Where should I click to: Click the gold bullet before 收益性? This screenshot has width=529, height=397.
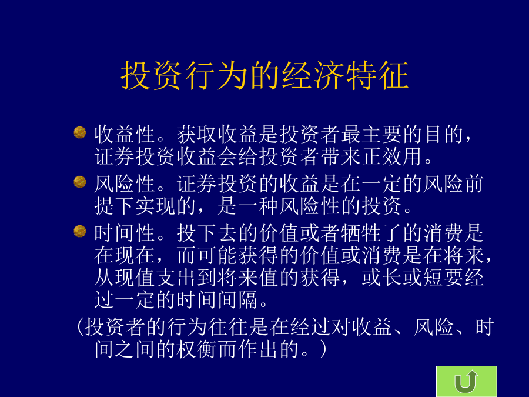pyautogui.click(x=80, y=132)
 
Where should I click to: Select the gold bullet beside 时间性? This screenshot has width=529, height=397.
pyautogui.click(x=80, y=231)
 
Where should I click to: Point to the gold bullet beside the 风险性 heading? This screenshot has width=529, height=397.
pyautogui.click(x=80, y=182)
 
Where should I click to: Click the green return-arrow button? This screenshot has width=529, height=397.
pyautogui.click(x=466, y=381)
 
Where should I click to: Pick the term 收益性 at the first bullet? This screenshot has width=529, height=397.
pyautogui.click(x=125, y=134)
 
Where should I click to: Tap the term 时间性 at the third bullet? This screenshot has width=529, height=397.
pyautogui.click(x=125, y=233)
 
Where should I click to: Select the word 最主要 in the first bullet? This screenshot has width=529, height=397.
pyautogui.click(x=371, y=134)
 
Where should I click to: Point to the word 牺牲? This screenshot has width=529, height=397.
pyautogui.click(x=361, y=233)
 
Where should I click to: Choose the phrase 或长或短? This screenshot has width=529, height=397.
pyautogui.click(x=403, y=278)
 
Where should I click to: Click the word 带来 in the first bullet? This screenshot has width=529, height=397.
pyautogui.click(x=341, y=156)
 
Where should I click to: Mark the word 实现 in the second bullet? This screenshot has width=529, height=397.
pyautogui.click(x=156, y=206)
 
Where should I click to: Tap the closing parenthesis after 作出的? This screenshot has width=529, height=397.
pyautogui.click(x=323, y=349)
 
